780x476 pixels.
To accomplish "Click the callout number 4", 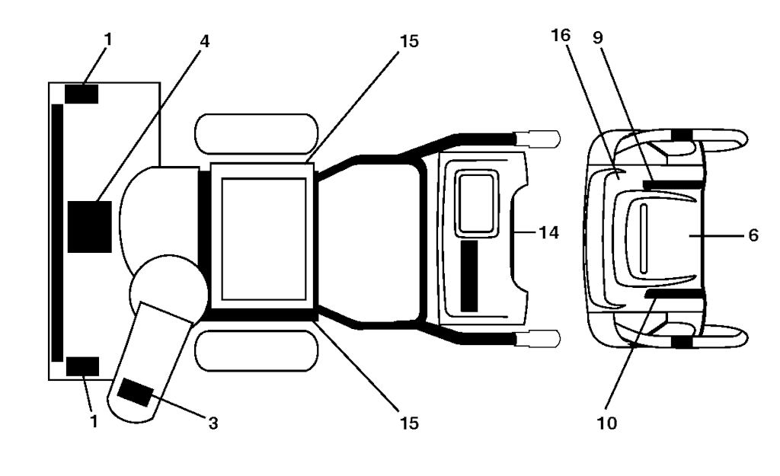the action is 204,41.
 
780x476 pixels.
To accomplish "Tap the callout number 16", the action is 561,35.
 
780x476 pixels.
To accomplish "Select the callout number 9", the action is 598,37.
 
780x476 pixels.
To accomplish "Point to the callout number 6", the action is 753,235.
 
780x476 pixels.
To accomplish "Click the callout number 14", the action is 548,232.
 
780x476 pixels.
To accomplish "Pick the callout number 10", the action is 607,423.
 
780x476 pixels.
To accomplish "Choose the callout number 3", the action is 213,423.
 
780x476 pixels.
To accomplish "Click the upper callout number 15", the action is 409,41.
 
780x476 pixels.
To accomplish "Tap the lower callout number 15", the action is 409,423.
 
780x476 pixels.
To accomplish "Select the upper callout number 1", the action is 108,39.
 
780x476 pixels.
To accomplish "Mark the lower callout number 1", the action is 94,421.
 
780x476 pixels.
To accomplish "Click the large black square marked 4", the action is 90,227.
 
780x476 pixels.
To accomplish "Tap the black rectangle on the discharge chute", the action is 135,392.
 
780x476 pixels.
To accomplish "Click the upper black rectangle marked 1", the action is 82,94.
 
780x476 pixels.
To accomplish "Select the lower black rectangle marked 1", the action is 82,366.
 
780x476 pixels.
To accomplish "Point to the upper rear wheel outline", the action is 256,133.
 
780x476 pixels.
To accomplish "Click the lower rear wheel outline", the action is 256,351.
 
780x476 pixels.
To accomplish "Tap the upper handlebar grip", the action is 537,139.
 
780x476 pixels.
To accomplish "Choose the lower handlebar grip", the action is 537,339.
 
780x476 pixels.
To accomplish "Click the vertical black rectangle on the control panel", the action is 469,276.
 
